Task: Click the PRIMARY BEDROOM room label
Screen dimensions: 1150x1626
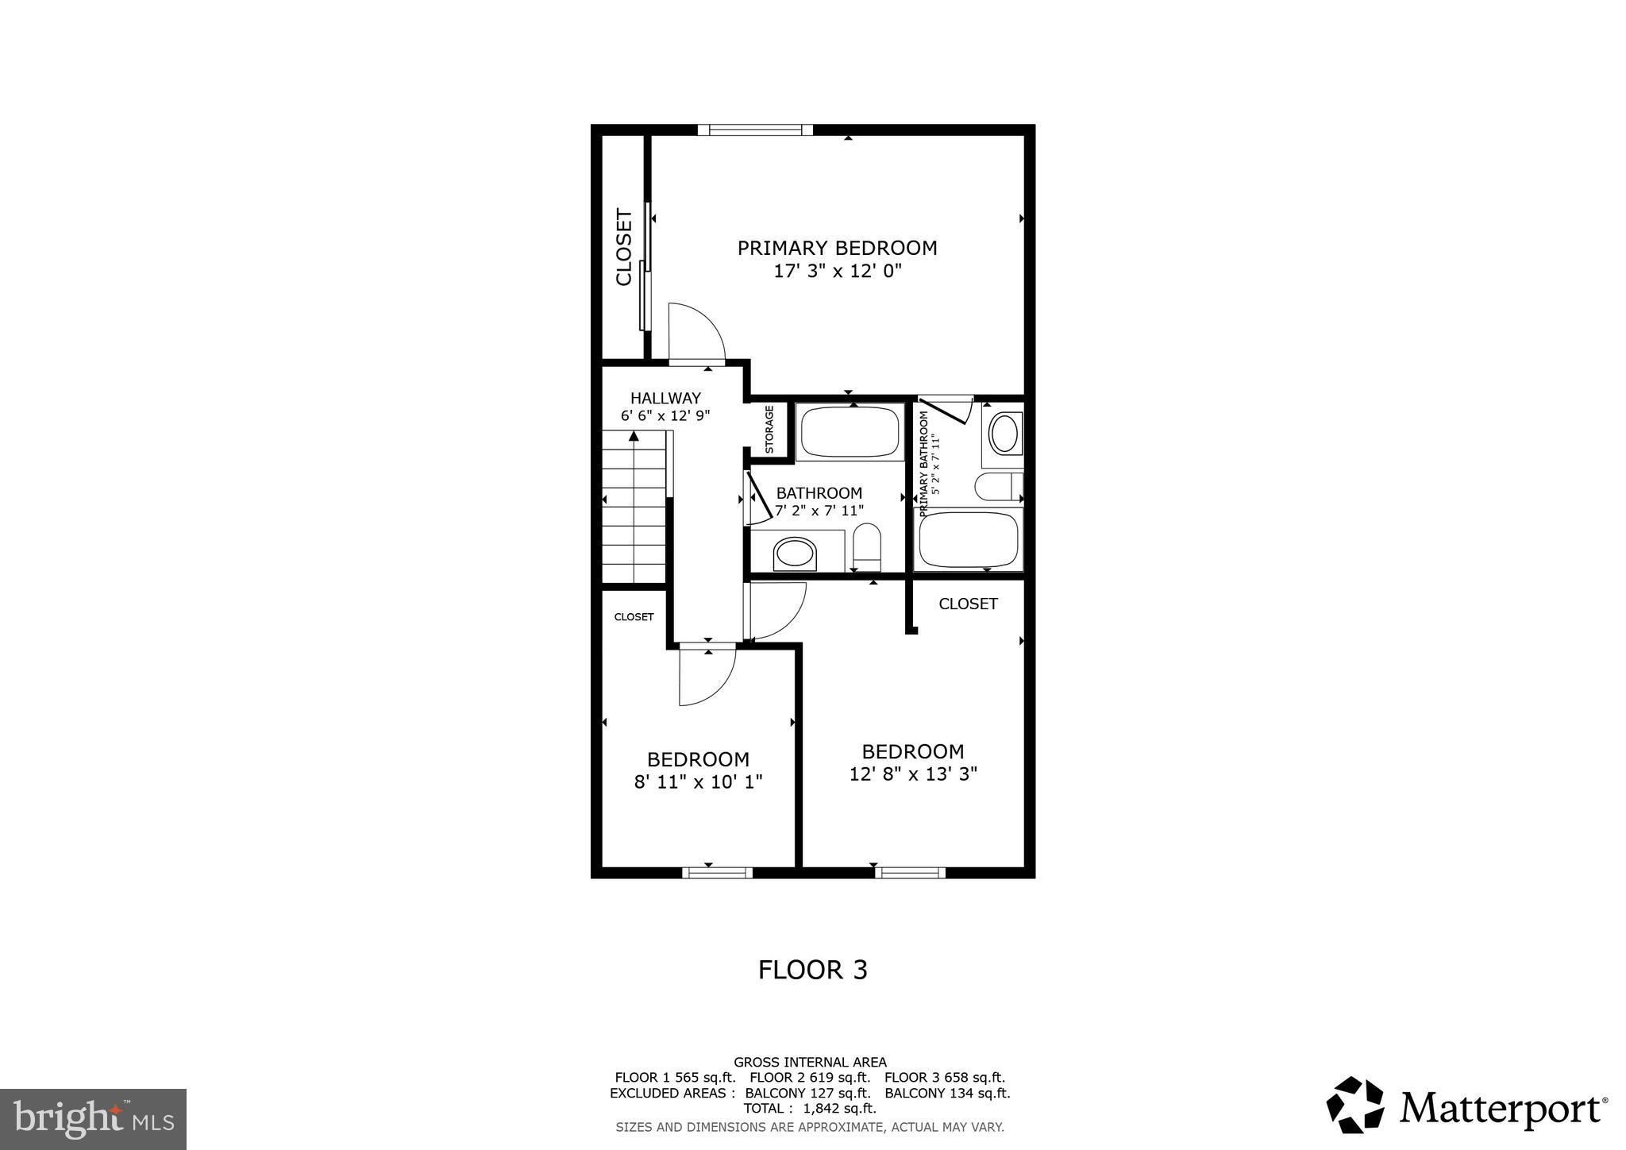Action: coord(837,248)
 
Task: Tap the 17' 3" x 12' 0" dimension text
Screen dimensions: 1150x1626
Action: coord(838,272)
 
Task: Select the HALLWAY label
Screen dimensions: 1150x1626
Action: coord(665,398)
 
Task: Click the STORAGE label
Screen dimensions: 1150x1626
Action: coord(769,430)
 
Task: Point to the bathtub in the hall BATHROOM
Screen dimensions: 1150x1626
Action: coord(849,432)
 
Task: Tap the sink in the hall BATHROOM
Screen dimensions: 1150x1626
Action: coord(796,553)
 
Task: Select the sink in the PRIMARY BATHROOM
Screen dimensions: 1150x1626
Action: coord(1004,434)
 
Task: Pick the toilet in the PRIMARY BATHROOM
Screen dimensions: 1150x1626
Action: coord(997,487)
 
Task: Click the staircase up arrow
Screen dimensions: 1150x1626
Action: coord(634,437)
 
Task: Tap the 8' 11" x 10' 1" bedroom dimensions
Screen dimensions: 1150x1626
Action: coord(698,781)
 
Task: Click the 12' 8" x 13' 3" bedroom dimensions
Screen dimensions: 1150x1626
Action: coord(913,774)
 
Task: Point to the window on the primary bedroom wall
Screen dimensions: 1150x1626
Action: coord(755,130)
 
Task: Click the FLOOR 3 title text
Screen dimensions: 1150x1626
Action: coord(812,970)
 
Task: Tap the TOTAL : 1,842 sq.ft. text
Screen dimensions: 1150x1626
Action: coord(810,1108)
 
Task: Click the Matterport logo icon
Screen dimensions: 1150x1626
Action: coord(1354,1105)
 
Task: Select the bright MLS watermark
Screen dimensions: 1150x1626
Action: coord(93,1119)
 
